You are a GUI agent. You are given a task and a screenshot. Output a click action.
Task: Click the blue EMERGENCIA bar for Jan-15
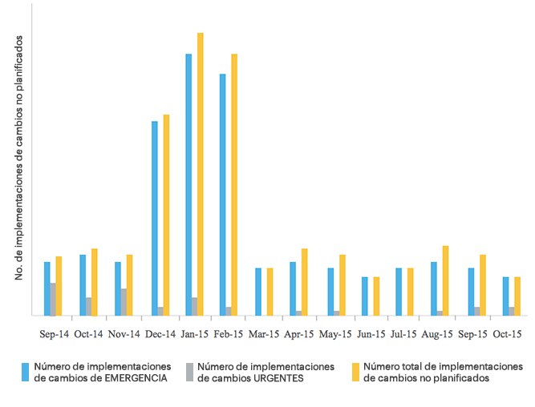(188, 184)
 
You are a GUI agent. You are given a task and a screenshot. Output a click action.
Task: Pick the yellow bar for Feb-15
(235, 184)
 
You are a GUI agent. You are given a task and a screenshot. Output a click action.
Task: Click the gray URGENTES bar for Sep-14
(54, 299)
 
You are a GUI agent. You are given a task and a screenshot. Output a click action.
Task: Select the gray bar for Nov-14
(124, 302)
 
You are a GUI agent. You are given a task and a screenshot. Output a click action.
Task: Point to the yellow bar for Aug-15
(445, 280)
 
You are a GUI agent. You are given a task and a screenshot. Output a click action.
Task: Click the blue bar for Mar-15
(258, 292)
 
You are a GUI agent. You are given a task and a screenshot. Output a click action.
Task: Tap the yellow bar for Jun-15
(376, 296)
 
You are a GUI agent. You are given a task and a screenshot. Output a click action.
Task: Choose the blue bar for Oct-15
(505, 296)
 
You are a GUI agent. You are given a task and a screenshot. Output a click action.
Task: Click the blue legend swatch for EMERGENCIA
(26, 372)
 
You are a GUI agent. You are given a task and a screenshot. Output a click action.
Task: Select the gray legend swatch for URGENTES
(189, 372)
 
